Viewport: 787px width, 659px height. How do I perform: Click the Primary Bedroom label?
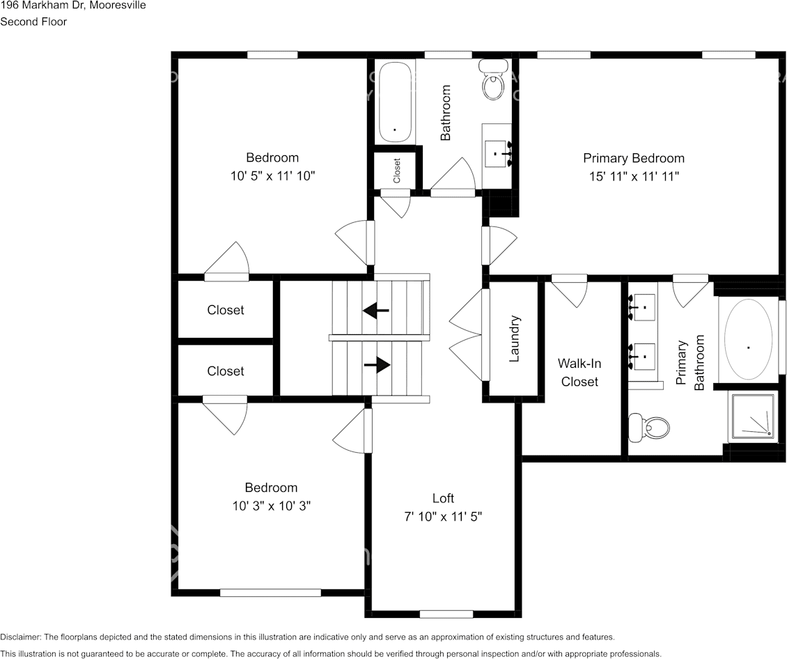[633, 158]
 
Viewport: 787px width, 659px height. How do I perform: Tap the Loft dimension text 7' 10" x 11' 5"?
[443, 516]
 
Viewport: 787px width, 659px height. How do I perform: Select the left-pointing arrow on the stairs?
[376, 311]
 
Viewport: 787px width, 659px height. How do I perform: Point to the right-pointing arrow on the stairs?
[377, 365]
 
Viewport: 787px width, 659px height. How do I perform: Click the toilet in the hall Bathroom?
[494, 80]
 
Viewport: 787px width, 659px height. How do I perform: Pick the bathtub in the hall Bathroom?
[396, 102]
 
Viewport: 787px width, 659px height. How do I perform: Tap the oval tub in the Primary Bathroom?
[748, 339]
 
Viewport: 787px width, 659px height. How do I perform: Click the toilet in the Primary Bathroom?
[649, 428]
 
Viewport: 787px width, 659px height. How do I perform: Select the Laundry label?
[514, 339]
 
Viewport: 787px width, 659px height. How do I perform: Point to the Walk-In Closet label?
[579, 373]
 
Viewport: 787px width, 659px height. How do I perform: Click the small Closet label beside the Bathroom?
[397, 171]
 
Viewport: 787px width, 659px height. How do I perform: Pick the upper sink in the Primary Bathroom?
[642, 307]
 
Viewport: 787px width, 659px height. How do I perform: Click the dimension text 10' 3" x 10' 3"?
[272, 506]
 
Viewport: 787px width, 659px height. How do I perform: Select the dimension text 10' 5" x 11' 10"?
[272, 176]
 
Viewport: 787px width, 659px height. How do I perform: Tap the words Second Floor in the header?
[33, 22]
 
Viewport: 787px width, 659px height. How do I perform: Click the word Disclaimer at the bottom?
[20, 637]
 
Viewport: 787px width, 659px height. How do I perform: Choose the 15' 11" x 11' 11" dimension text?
[634, 177]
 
